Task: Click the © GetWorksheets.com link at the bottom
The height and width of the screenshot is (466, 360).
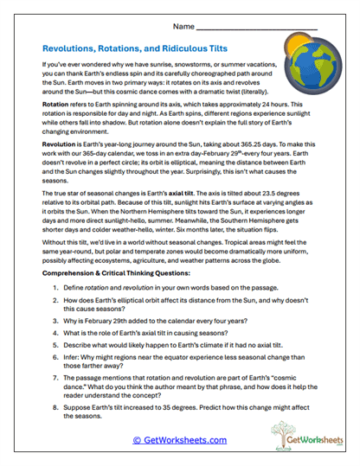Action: [180, 439]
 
